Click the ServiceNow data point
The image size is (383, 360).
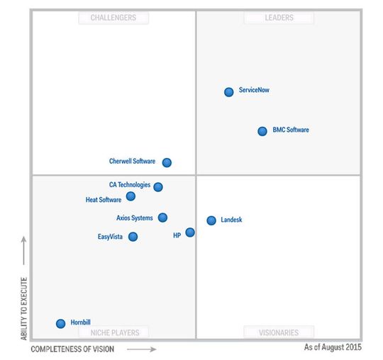point(228,92)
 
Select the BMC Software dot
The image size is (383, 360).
point(262,131)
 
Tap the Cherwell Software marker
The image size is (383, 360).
point(167,162)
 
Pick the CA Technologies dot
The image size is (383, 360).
point(158,187)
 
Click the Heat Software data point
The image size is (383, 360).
point(131,196)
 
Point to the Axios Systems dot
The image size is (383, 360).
point(162,218)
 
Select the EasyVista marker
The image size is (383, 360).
point(133,237)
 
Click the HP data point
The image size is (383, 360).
point(190,232)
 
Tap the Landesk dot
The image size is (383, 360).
point(211,220)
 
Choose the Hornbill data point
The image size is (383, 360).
point(60,324)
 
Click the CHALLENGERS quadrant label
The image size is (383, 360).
point(113,18)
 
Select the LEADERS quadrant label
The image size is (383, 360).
point(279,18)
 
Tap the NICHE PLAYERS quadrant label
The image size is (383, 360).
point(113,332)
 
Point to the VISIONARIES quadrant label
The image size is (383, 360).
point(279,332)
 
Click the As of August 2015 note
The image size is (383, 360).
point(333,348)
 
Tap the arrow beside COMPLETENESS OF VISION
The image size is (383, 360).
point(142,349)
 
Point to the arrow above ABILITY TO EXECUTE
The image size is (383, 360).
point(24,249)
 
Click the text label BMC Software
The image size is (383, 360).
point(291,130)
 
